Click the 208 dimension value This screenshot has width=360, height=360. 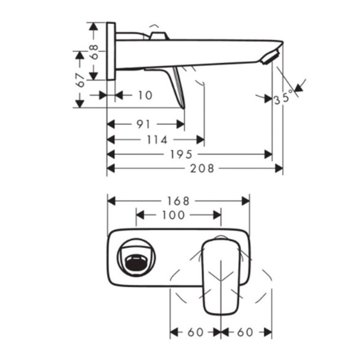(202, 168)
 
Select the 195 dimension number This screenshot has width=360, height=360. (181, 154)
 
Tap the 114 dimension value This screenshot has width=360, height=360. (157, 139)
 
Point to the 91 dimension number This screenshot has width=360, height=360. (143, 124)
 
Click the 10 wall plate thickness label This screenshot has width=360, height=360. (145, 95)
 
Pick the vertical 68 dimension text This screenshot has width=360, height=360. (94, 52)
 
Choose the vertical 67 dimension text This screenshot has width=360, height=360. (81, 80)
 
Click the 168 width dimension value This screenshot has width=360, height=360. (178, 201)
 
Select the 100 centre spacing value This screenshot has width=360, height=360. (173, 215)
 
